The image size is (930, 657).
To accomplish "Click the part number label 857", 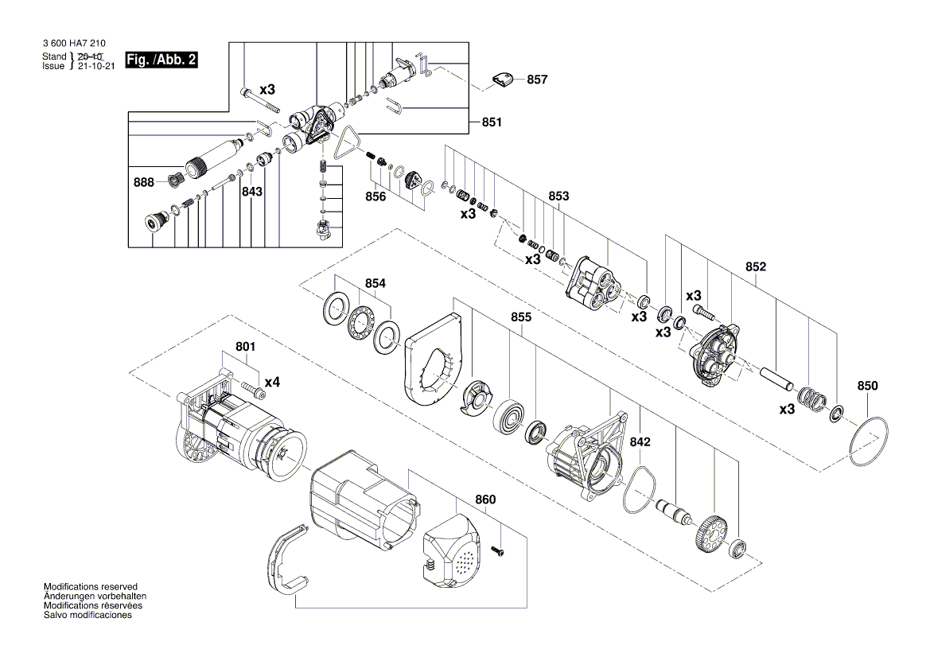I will [537, 80].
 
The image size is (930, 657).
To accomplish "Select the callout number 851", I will [492, 122].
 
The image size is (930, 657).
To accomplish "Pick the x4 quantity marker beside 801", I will [273, 383].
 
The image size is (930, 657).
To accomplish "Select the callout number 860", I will [485, 500].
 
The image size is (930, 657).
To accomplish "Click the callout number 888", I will [144, 182].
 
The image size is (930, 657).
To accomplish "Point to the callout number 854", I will [375, 283].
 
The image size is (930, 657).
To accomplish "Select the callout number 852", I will [755, 267].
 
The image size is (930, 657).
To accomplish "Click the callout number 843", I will [253, 192].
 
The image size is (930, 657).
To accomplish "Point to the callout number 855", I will [521, 317].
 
